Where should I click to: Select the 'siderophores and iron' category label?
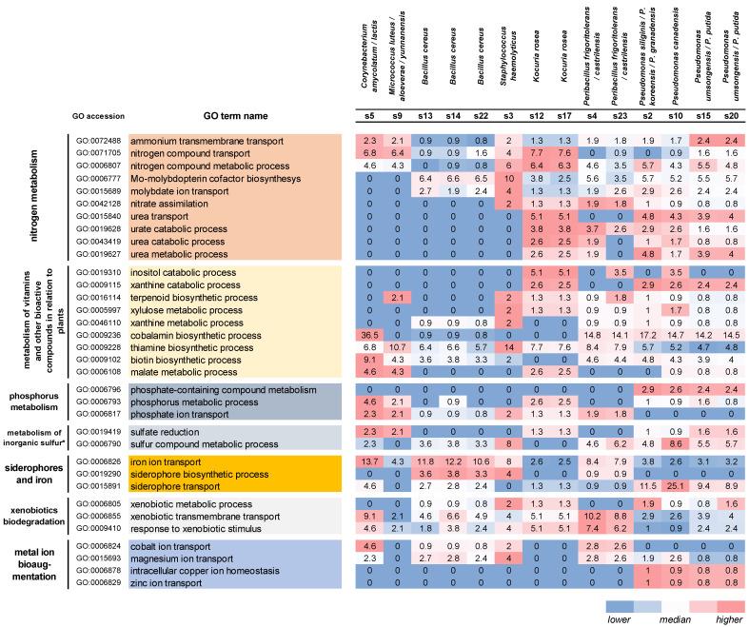tap(48, 468)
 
